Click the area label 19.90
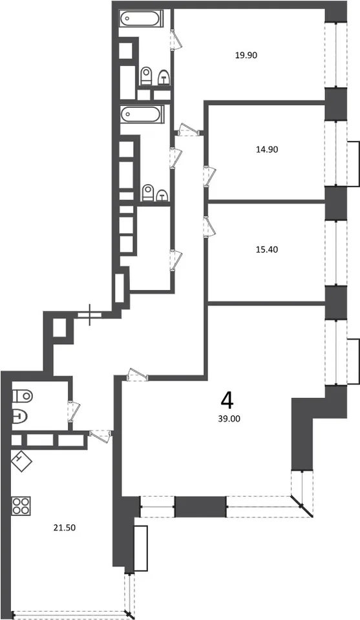[x=246, y=56]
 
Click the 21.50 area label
[x=64, y=527]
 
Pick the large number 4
[x=228, y=402]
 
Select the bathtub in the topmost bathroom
[x=140, y=19]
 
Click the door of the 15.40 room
[x=209, y=227]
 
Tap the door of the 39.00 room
[x=137, y=375]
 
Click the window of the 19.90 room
[x=336, y=56]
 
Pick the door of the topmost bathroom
[x=176, y=39]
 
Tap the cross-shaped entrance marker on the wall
[x=90, y=315]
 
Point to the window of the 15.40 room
[x=336, y=253]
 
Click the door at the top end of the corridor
[x=187, y=130]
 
